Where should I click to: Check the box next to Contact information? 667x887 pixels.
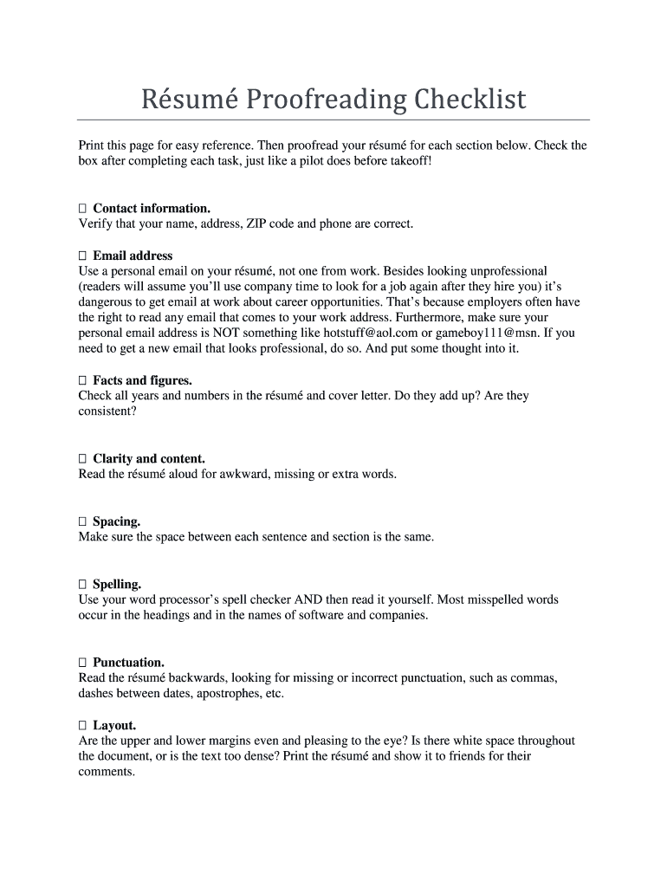(x=82, y=209)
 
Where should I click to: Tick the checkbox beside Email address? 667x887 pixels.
(x=82, y=256)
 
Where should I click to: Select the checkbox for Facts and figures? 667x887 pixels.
(x=82, y=381)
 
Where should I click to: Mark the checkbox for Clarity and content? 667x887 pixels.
(x=82, y=459)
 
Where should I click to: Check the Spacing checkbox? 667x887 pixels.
(x=82, y=522)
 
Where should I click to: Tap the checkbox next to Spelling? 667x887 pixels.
(x=82, y=585)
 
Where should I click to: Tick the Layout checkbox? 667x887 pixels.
(x=82, y=726)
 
